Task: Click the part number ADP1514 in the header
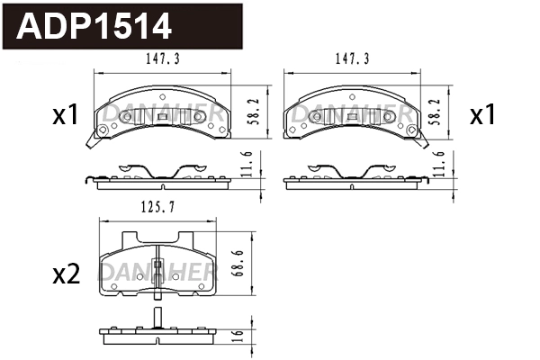[94, 26]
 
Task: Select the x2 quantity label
[66, 274]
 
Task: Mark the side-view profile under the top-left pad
[158, 175]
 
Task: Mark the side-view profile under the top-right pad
[353, 175]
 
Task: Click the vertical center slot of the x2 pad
[157, 270]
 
